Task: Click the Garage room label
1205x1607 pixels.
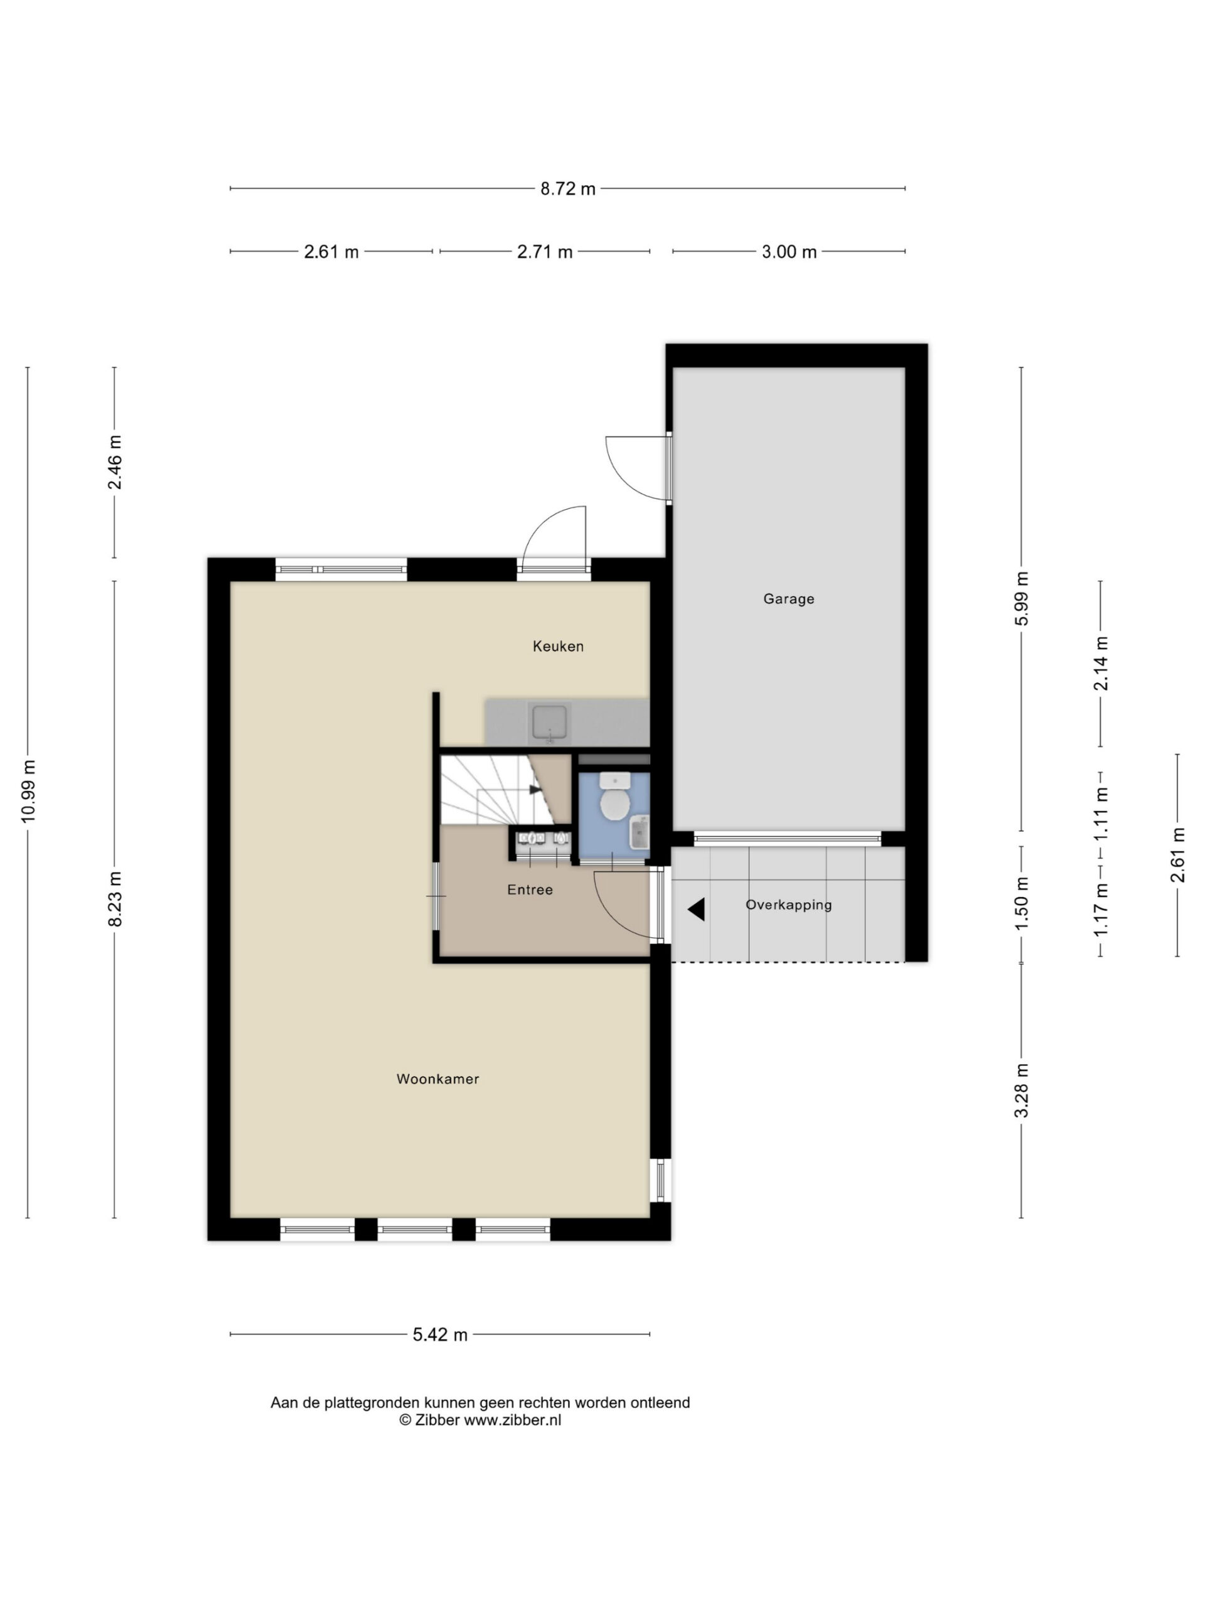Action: tap(788, 599)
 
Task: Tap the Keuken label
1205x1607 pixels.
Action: tap(558, 646)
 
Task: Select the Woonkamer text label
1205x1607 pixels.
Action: tap(437, 1079)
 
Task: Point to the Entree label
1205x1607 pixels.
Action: tap(530, 889)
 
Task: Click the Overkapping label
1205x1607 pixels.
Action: tap(788, 905)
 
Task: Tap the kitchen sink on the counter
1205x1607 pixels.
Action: tap(550, 723)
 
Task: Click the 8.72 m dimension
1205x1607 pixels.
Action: tap(567, 189)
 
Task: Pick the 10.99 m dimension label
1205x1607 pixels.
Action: tap(28, 791)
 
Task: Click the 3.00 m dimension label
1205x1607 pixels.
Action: tap(789, 252)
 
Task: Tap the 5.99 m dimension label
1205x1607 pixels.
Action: tap(1022, 599)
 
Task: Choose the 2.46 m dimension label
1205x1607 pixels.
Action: tap(115, 462)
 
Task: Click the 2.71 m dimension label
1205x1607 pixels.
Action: tap(545, 252)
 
